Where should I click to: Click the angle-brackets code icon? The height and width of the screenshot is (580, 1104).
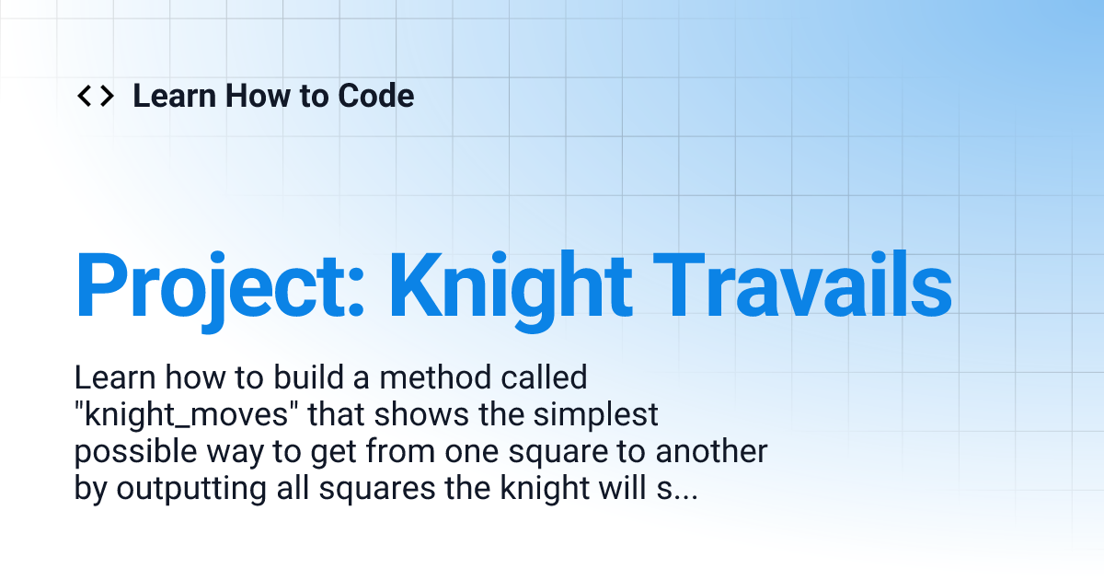point(95,96)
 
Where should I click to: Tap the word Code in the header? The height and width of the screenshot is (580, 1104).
point(376,96)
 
